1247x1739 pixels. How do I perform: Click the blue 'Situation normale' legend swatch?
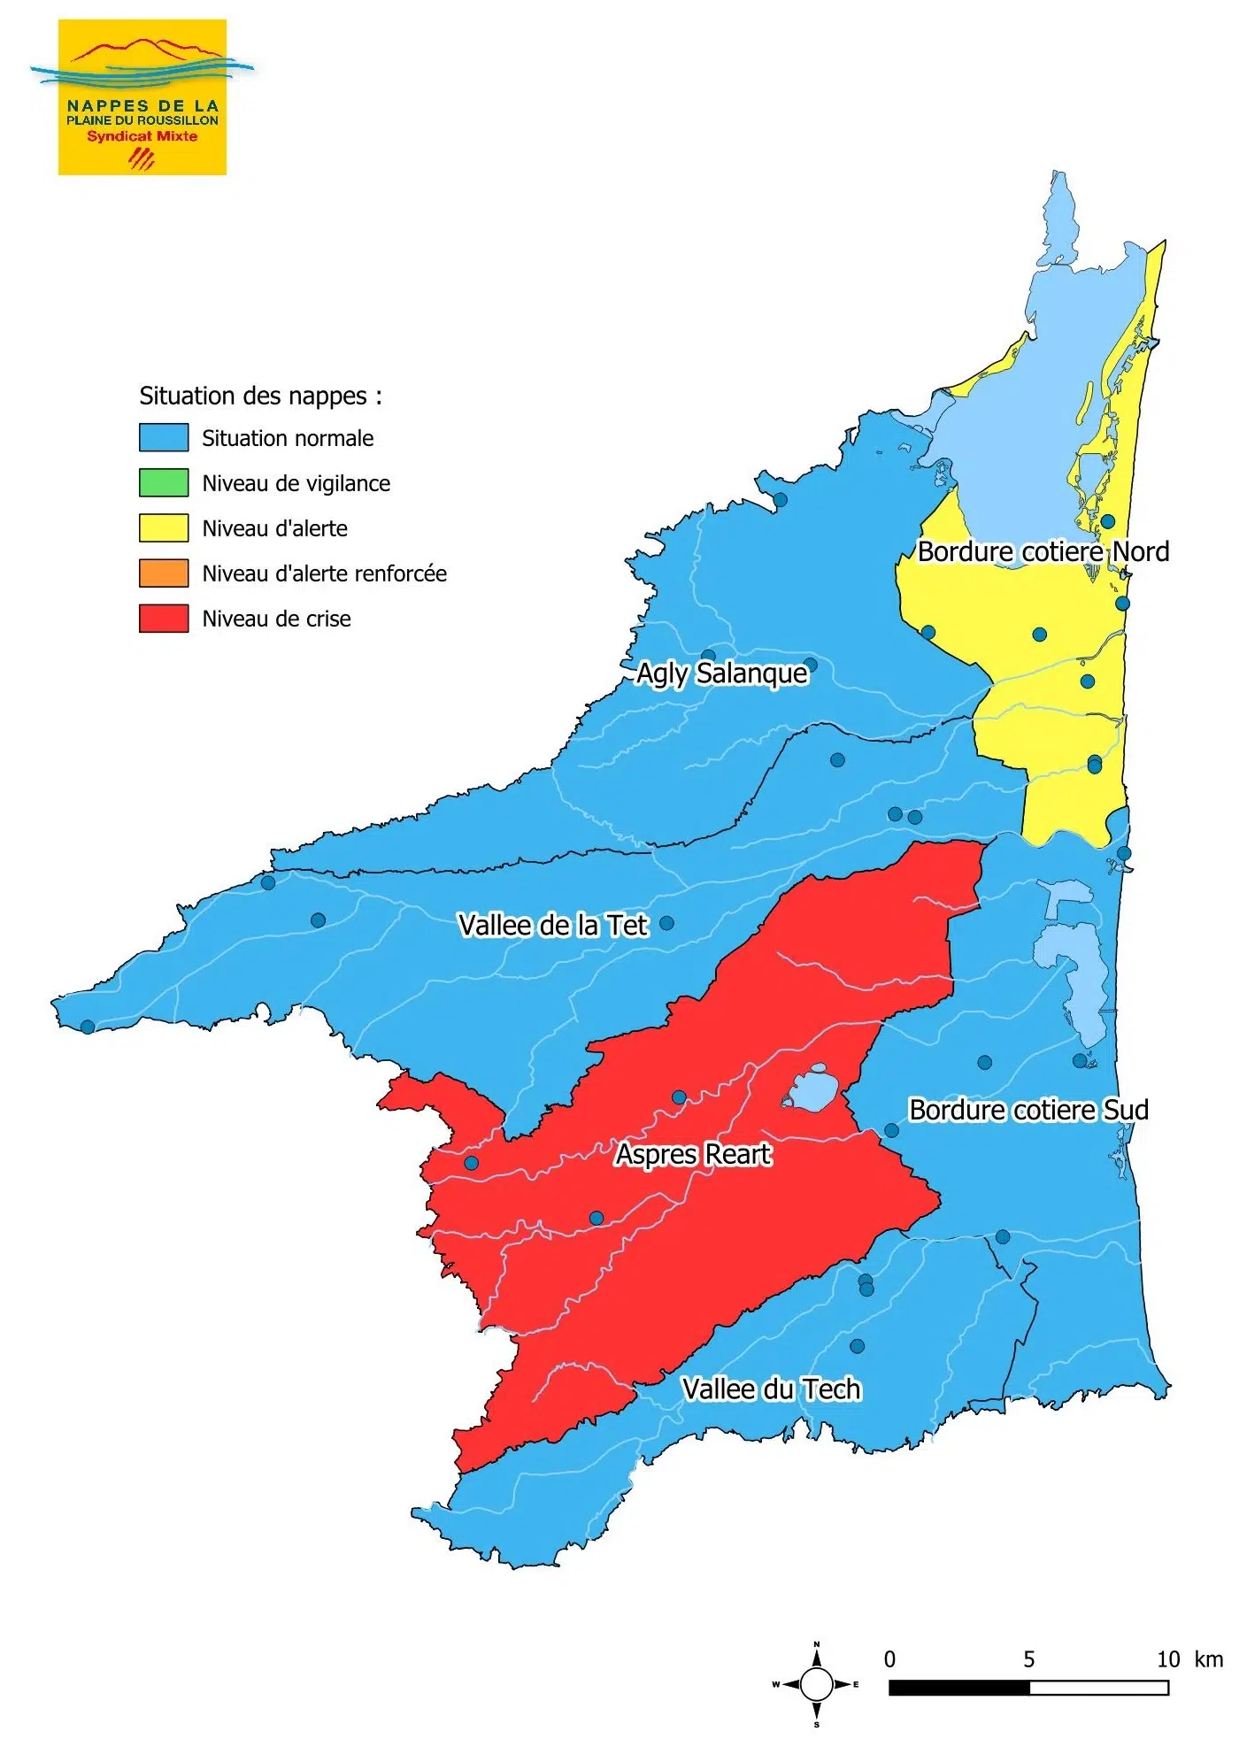point(163,437)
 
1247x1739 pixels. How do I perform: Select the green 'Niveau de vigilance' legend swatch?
point(163,482)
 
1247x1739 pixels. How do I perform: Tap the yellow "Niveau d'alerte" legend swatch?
point(163,527)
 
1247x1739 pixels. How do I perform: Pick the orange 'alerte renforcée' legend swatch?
point(163,573)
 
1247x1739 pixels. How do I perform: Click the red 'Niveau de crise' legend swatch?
point(163,618)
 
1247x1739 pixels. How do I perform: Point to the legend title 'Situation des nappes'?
point(260,396)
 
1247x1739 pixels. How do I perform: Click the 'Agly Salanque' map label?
point(721,673)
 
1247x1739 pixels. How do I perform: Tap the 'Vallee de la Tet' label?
point(553,925)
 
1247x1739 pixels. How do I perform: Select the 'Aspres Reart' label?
point(693,1154)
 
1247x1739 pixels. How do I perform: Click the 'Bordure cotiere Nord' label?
point(1043,551)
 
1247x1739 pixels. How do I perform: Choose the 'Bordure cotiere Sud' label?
point(1028,1110)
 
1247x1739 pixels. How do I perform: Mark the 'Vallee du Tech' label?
point(771,1389)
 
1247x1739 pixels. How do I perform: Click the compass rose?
point(816,1684)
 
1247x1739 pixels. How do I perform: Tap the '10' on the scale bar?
point(1168,1659)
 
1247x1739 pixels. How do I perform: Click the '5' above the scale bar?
point(1028,1659)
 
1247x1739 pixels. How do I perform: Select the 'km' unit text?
point(1208,1659)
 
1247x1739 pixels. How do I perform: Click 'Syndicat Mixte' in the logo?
point(142,136)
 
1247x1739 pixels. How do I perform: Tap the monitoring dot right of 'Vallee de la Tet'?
point(666,923)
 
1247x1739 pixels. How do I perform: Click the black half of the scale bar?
point(958,1688)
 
